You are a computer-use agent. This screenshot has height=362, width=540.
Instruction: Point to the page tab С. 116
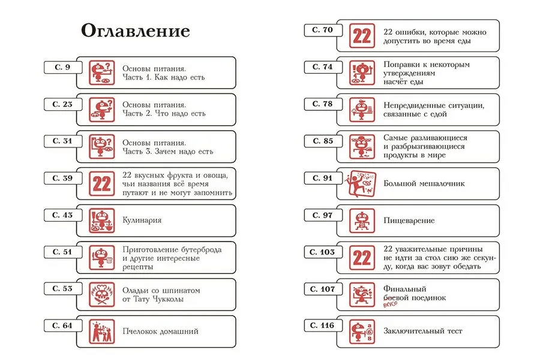(323, 325)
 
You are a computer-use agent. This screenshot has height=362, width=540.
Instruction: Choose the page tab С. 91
(323, 178)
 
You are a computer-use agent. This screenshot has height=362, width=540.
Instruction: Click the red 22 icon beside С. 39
(102, 183)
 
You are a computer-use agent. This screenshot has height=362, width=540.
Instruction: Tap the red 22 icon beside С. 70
(362, 36)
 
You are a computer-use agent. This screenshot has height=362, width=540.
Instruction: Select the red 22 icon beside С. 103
(362, 258)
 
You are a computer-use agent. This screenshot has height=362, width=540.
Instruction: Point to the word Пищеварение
(409, 221)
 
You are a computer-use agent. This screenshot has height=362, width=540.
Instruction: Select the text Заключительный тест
(423, 331)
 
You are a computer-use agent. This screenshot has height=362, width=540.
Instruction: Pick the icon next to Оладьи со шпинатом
(102, 294)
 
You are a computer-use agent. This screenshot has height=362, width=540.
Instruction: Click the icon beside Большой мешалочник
(362, 184)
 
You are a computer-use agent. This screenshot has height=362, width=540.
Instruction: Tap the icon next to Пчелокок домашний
(102, 331)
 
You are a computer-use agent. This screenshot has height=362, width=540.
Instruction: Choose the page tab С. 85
(323, 141)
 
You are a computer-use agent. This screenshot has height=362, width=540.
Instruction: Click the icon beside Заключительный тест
(362, 331)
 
